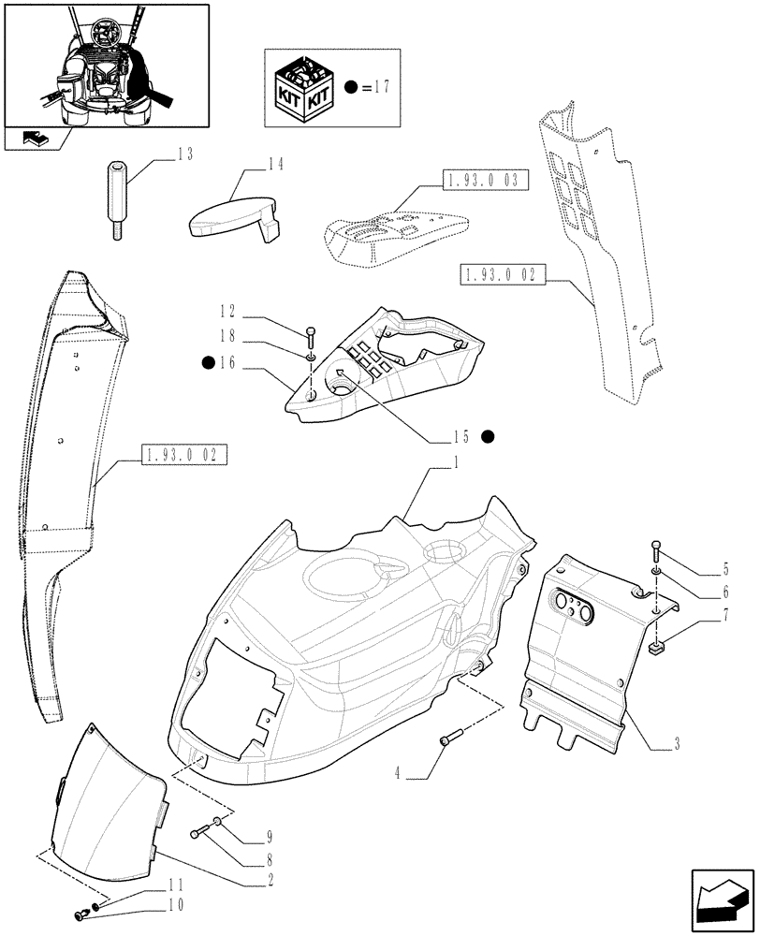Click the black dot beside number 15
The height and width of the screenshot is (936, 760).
point(488,436)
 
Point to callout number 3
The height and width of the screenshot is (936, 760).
point(676,745)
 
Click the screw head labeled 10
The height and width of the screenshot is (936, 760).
point(79,917)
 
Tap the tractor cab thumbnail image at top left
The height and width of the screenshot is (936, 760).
point(106,66)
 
